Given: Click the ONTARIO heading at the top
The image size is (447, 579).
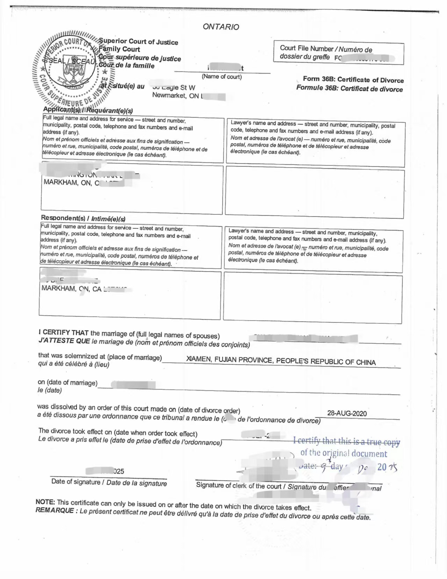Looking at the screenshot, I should point(221,27).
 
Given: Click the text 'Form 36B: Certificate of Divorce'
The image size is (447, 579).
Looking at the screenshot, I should point(353,80).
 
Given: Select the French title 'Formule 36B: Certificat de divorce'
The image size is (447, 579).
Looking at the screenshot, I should point(349,88).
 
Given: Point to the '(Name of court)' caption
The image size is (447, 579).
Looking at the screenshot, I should point(222,77).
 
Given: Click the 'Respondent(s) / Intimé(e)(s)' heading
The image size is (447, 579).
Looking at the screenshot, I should point(83,219).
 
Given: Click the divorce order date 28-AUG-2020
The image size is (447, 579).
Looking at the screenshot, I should point(347,413).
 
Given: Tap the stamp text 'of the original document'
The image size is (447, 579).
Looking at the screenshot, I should point(344,453).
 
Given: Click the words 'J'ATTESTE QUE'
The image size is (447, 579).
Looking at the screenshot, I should point(64,341).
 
